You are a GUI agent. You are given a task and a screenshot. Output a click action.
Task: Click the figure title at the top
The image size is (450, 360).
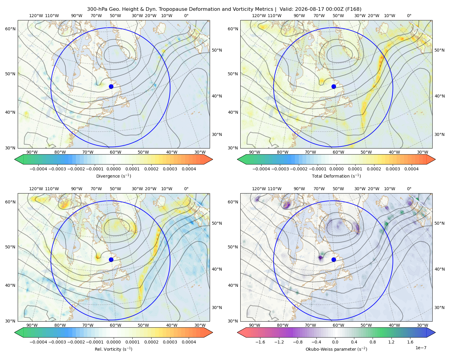(x=224, y=9)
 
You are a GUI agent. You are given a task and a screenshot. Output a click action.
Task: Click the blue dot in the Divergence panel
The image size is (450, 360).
(x=111, y=86)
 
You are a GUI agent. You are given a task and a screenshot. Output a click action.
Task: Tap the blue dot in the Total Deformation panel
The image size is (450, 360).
(x=334, y=86)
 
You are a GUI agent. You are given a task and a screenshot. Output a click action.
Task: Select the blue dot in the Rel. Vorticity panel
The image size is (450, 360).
(x=111, y=259)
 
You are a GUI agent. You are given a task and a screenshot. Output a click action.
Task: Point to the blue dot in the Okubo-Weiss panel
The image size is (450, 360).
(x=334, y=259)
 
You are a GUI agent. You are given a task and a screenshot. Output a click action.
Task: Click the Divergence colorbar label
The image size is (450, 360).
(x=113, y=176)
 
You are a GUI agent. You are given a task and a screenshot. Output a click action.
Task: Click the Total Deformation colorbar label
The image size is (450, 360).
(x=336, y=176)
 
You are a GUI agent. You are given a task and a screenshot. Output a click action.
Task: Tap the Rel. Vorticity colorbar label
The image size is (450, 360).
(x=113, y=349)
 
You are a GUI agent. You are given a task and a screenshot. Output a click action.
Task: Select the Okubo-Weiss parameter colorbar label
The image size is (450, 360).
(x=336, y=349)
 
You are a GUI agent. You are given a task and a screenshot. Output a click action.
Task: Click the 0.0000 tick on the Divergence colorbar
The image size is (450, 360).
(x=113, y=169)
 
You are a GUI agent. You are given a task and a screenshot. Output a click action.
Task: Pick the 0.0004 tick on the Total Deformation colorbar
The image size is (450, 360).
(x=412, y=169)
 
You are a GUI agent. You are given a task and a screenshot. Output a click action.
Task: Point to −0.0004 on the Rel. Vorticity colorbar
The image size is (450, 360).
(x=38, y=342)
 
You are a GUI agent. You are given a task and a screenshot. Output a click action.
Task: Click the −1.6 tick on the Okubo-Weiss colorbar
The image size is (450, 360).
(x=260, y=342)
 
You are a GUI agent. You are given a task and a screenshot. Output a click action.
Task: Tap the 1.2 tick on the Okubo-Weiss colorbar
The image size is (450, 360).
(x=391, y=342)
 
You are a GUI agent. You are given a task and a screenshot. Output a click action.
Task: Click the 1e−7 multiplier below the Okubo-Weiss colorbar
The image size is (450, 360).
(x=421, y=348)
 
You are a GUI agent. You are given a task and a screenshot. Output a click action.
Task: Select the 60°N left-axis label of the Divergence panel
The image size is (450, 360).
(x=10, y=29)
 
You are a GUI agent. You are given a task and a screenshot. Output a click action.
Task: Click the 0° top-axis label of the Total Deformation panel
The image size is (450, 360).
(x=409, y=16)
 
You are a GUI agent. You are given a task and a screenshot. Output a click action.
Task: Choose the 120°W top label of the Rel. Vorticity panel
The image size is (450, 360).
(x=36, y=189)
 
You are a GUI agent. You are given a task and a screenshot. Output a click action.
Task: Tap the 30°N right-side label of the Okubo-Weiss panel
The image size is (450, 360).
(x=439, y=307)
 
